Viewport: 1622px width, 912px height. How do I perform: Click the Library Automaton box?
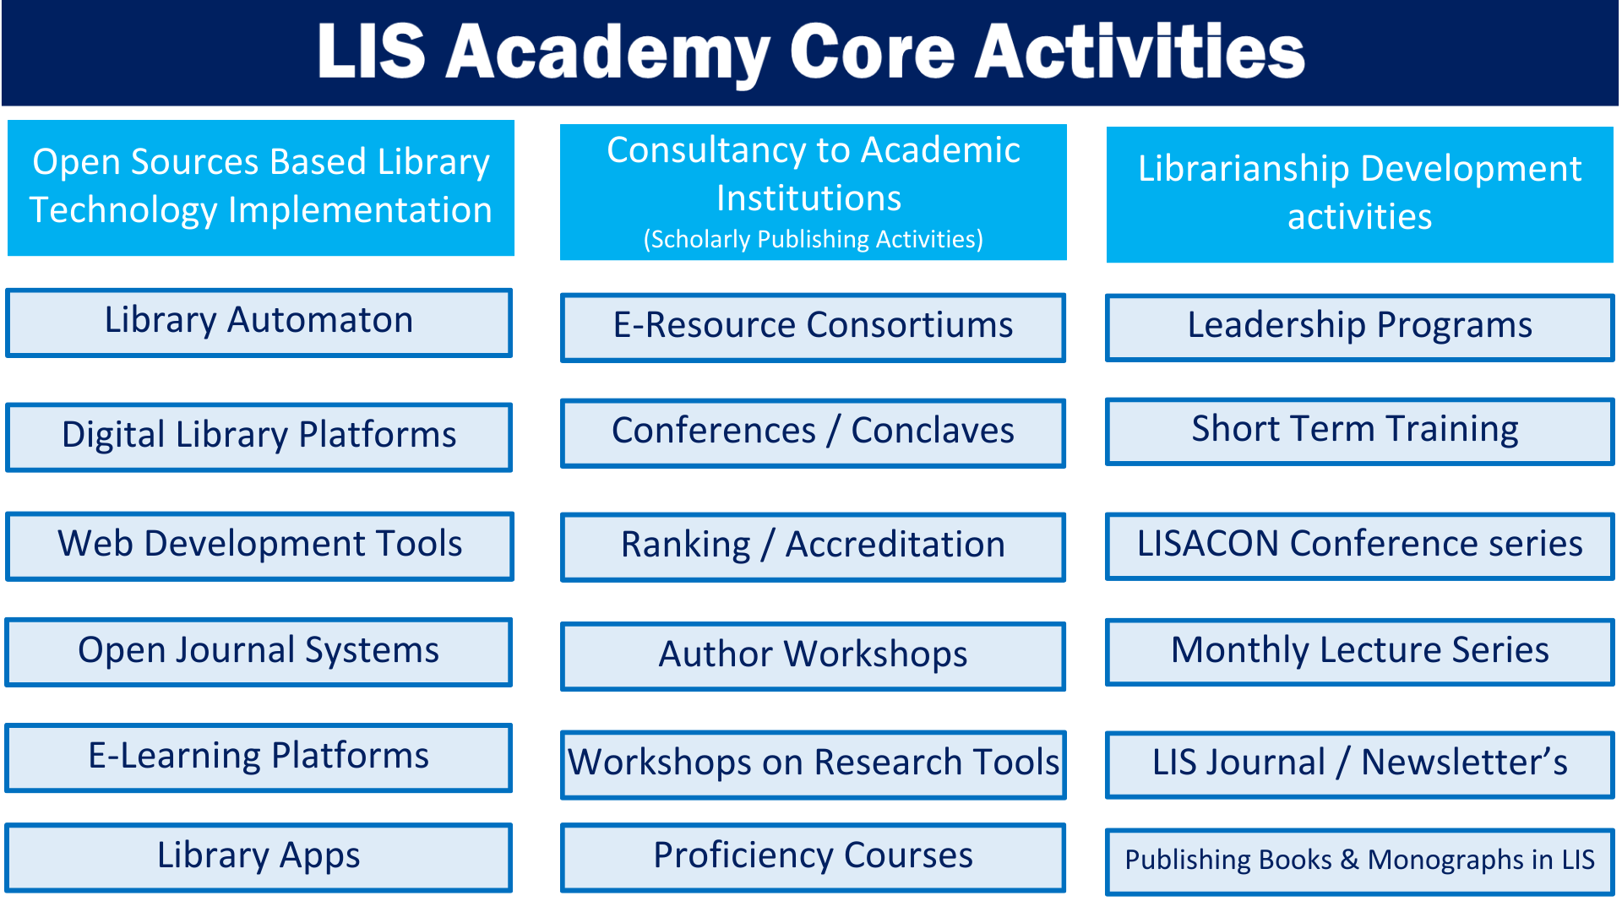[259, 323]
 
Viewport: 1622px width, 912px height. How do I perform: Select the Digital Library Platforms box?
[259, 437]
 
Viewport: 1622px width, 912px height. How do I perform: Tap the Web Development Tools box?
[259, 546]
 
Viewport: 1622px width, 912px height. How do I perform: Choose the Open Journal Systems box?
[259, 652]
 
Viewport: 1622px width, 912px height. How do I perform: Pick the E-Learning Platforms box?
[259, 757]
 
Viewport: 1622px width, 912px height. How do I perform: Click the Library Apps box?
[259, 857]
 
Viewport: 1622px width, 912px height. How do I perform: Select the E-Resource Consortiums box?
[813, 328]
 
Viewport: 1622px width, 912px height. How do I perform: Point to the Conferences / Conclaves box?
[813, 433]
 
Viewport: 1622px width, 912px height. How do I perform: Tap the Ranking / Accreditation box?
[813, 546]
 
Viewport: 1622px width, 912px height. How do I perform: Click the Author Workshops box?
[813, 656]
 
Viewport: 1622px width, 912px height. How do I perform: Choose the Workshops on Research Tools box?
[813, 764]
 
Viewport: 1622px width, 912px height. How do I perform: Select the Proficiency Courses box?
[813, 857]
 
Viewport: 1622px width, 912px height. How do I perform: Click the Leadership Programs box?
[1360, 328]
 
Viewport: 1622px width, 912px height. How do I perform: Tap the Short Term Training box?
[1360, 432]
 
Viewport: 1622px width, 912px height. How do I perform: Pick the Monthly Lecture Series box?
[1360, 652]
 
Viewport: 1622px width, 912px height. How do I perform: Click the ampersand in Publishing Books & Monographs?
[1349, 860]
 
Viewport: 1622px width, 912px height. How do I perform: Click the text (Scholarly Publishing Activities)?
[813, 240]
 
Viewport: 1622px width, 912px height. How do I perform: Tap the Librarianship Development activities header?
[1360, 194]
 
